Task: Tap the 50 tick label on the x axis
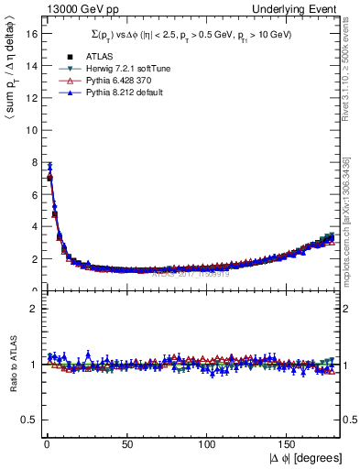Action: click(125, 443)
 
